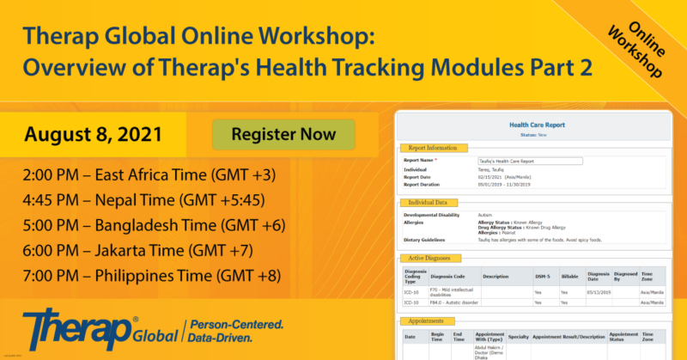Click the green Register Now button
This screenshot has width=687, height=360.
click(283, 135)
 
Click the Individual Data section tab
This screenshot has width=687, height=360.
click(430, 203)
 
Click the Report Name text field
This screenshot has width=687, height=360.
click(530, 161)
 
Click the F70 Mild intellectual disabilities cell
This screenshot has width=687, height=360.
click(455, 292)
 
